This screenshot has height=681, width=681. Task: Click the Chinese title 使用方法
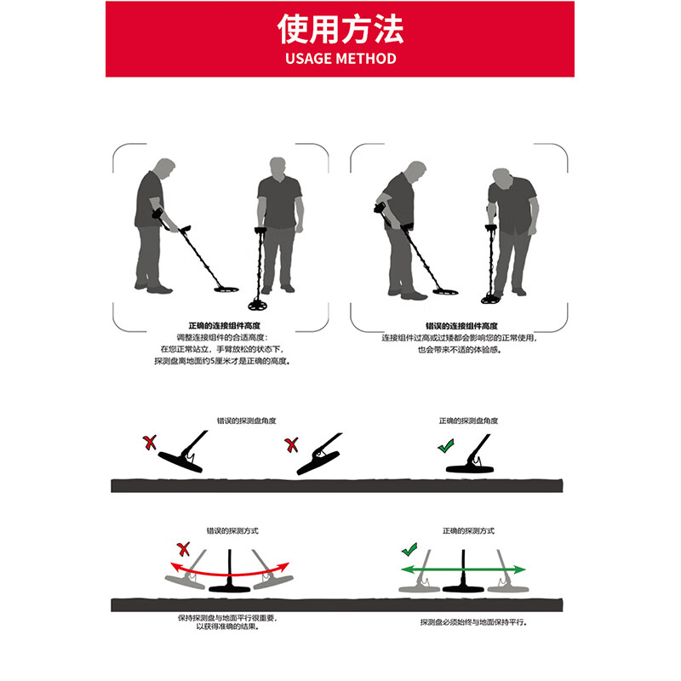tap(340, 29)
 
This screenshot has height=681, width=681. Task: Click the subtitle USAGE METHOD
tap(340, 59)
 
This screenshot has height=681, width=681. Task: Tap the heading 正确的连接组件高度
tap(222, 326)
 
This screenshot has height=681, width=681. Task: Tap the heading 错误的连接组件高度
tap(461, 326)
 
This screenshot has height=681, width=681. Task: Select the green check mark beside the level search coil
tap(445, 445)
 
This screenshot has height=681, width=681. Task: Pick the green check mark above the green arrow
tap(411, 550)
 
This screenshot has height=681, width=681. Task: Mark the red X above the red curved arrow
tap(181, 548)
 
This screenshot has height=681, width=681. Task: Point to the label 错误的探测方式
tap(232, 530)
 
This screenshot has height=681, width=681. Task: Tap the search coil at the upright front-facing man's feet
tap(263, 303)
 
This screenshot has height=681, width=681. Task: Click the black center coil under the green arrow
tap(464, 587)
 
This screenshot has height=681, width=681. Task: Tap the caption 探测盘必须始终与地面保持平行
tap(473, 622)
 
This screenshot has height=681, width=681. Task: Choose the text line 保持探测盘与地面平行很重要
tap(226, 616)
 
